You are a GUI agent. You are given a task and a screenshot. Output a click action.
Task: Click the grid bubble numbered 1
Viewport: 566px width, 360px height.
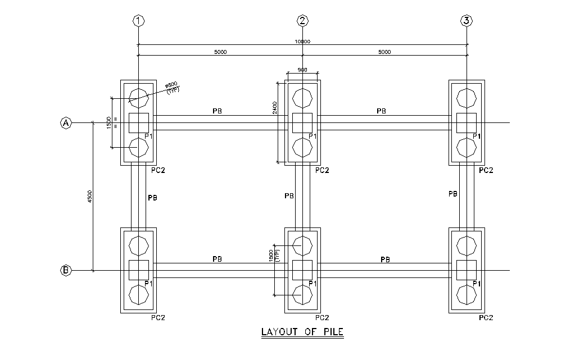(x=138, y=21)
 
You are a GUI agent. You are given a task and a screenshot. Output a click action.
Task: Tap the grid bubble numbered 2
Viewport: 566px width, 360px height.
(x=303, y=21)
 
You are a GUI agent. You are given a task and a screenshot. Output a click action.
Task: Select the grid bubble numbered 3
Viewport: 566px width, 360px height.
(x=467, y=21)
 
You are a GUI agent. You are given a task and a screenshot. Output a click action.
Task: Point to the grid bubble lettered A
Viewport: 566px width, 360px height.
(x=66, y=123)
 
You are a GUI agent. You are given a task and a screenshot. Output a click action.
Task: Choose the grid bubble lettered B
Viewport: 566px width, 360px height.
(x=66, y=271)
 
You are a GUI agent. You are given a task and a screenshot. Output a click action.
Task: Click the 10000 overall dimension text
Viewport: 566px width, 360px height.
(x=302, y=42)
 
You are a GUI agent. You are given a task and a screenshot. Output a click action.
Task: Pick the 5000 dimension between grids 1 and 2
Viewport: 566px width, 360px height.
(x=220, y=52)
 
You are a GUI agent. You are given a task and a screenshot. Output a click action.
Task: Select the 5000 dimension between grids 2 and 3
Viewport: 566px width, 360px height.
(x=384, y=52)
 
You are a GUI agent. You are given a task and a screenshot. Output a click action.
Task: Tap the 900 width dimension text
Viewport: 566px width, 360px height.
(x=302, y=70)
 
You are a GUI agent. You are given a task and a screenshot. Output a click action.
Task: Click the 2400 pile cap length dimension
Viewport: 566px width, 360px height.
(x=274, y=108)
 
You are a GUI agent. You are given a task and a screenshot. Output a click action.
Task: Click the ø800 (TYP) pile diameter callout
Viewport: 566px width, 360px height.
(x=171, y=87)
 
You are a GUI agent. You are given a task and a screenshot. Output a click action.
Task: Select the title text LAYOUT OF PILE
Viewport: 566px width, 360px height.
(x=302, y=332)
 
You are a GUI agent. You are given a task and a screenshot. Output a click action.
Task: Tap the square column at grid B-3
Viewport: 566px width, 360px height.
(x=467, y=270)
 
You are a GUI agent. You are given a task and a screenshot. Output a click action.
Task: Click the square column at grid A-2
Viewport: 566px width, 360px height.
(x=302, y=122)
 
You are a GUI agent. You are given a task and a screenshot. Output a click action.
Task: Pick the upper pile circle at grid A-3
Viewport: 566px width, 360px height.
(x=467, y=97)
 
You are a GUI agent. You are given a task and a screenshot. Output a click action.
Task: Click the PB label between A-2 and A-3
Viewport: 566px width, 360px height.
(x=381, y=111)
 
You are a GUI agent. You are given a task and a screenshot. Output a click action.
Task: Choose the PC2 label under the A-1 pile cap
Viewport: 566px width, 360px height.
(x=158, y=170)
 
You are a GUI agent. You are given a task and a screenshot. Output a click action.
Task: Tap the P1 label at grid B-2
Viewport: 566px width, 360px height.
(x=313, y=284)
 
